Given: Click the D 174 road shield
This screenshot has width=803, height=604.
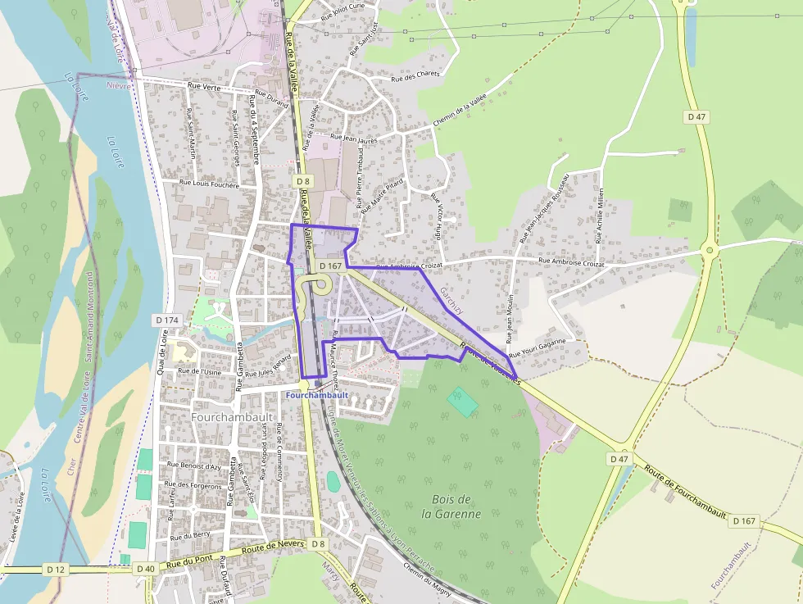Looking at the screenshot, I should pos(166,320).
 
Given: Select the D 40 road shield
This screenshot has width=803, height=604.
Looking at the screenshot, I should pos(146,568).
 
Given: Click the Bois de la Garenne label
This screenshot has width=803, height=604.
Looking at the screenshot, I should pos(451,506).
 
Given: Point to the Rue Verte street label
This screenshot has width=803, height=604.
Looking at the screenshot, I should pos(205,85).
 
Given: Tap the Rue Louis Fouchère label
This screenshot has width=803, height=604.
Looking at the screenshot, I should pos(210,184).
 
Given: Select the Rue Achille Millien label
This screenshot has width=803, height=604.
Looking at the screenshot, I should pos(600,216).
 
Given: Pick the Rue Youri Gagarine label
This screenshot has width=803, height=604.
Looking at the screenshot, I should pos(537,347).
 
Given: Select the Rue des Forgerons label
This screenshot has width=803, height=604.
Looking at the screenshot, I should pos(194,487).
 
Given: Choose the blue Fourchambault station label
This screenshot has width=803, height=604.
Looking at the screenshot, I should pos(318,394).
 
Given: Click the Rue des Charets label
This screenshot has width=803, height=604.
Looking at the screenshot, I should pos(415,76).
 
